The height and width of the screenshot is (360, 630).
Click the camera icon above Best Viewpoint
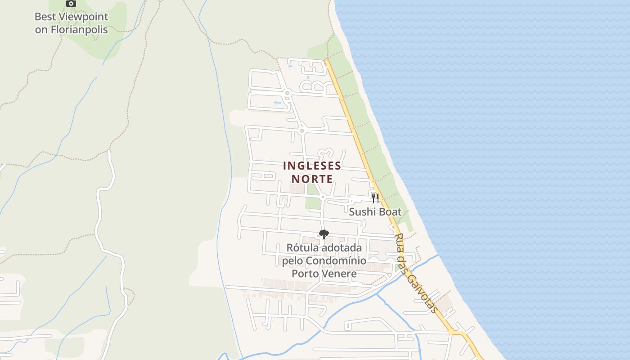[71, 4]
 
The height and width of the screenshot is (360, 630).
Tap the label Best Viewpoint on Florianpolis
[72, 23]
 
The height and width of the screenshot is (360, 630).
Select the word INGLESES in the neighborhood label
[312, 166]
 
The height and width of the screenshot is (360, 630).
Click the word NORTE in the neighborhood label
[312, 179]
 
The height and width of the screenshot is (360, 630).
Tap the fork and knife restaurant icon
[375, 198]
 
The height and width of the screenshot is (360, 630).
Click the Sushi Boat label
[375, 211]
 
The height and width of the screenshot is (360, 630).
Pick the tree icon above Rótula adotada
[324, 234]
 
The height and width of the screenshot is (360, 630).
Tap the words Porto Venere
[324, 274]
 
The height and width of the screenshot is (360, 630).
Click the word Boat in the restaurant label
[389, 211]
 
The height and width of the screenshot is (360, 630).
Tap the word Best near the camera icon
[46, 17]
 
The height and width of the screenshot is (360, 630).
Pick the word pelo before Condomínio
[293, 261]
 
